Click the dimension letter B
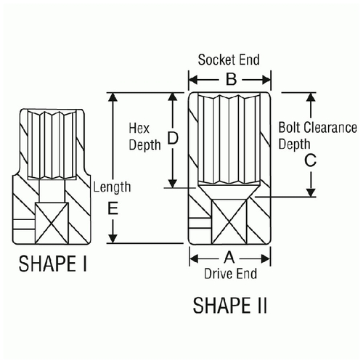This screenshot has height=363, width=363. [231, 79]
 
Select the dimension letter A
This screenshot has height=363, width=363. [229, 258]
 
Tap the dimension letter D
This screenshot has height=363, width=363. [173, 138]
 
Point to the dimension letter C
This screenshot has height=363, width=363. [310, 160]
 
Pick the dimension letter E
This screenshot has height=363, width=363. [113, 208]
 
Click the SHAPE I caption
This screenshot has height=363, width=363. [52, 264]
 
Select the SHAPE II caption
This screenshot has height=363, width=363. [229, 305]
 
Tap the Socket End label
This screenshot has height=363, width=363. [229, 60]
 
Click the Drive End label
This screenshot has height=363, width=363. [230, 274]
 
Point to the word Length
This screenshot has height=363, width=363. [112, 187]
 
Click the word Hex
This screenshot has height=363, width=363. [139, 128]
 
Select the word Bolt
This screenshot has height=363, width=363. [289, 127]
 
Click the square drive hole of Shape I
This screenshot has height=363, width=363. [52, 223]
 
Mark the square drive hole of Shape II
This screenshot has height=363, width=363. [229, 221]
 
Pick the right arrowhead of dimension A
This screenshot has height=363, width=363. [265, 258]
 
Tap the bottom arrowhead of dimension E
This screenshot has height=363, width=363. [113, 238]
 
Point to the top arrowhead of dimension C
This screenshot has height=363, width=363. [311, 97]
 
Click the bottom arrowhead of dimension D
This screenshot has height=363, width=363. [173, 183]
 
